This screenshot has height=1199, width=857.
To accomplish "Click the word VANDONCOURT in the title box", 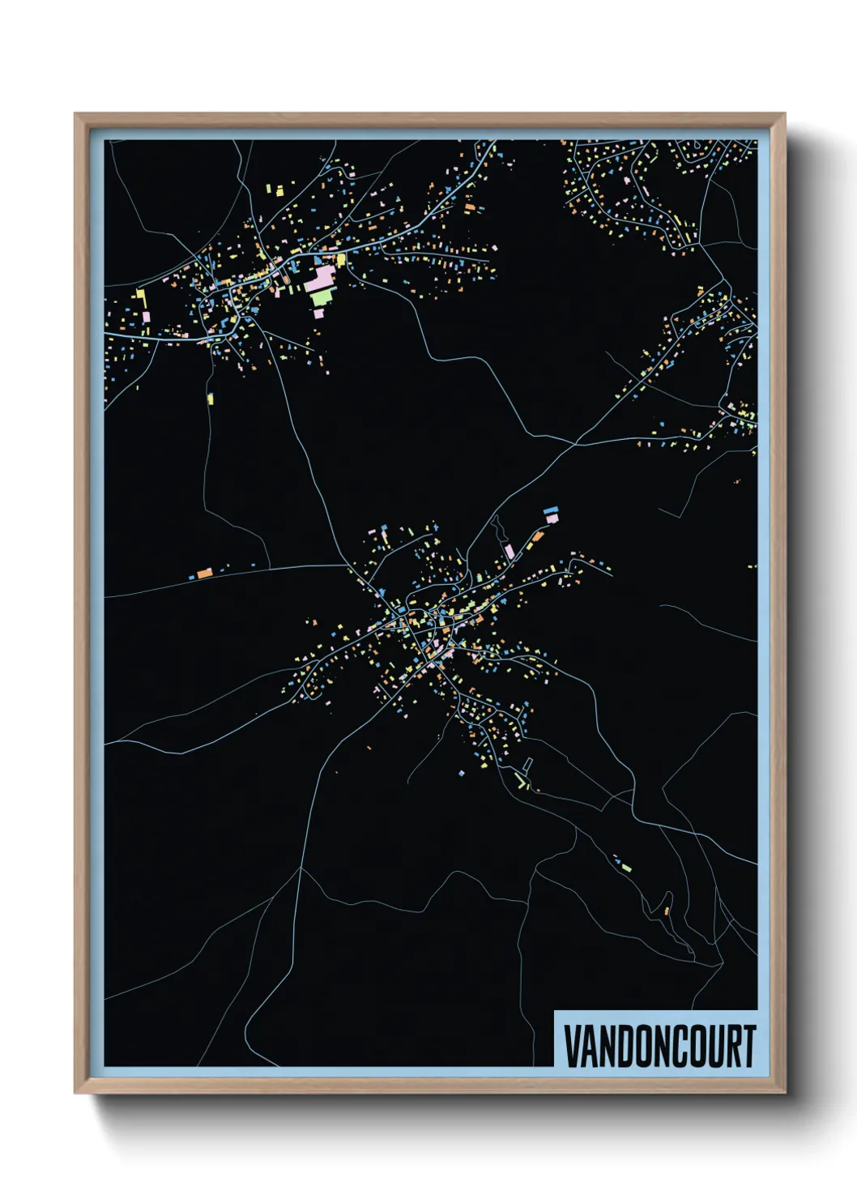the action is (x=659, y=1046).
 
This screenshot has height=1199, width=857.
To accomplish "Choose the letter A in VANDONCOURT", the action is (x=588, y=1046).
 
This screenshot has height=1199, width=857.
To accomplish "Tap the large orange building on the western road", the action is (x=204, y=573).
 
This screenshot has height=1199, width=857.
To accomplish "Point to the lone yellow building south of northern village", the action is (x=211, y=399).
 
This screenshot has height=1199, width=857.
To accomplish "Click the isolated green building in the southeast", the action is (x=625, y=868).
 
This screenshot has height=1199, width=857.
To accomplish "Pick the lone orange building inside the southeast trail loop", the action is (x=667, y=911).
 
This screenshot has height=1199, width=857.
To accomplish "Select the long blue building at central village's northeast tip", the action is (x=551, y=510).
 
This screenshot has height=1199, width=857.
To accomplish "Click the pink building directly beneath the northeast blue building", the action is (x=552, y=518).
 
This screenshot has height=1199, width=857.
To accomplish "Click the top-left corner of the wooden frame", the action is (x=75, y=114).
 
